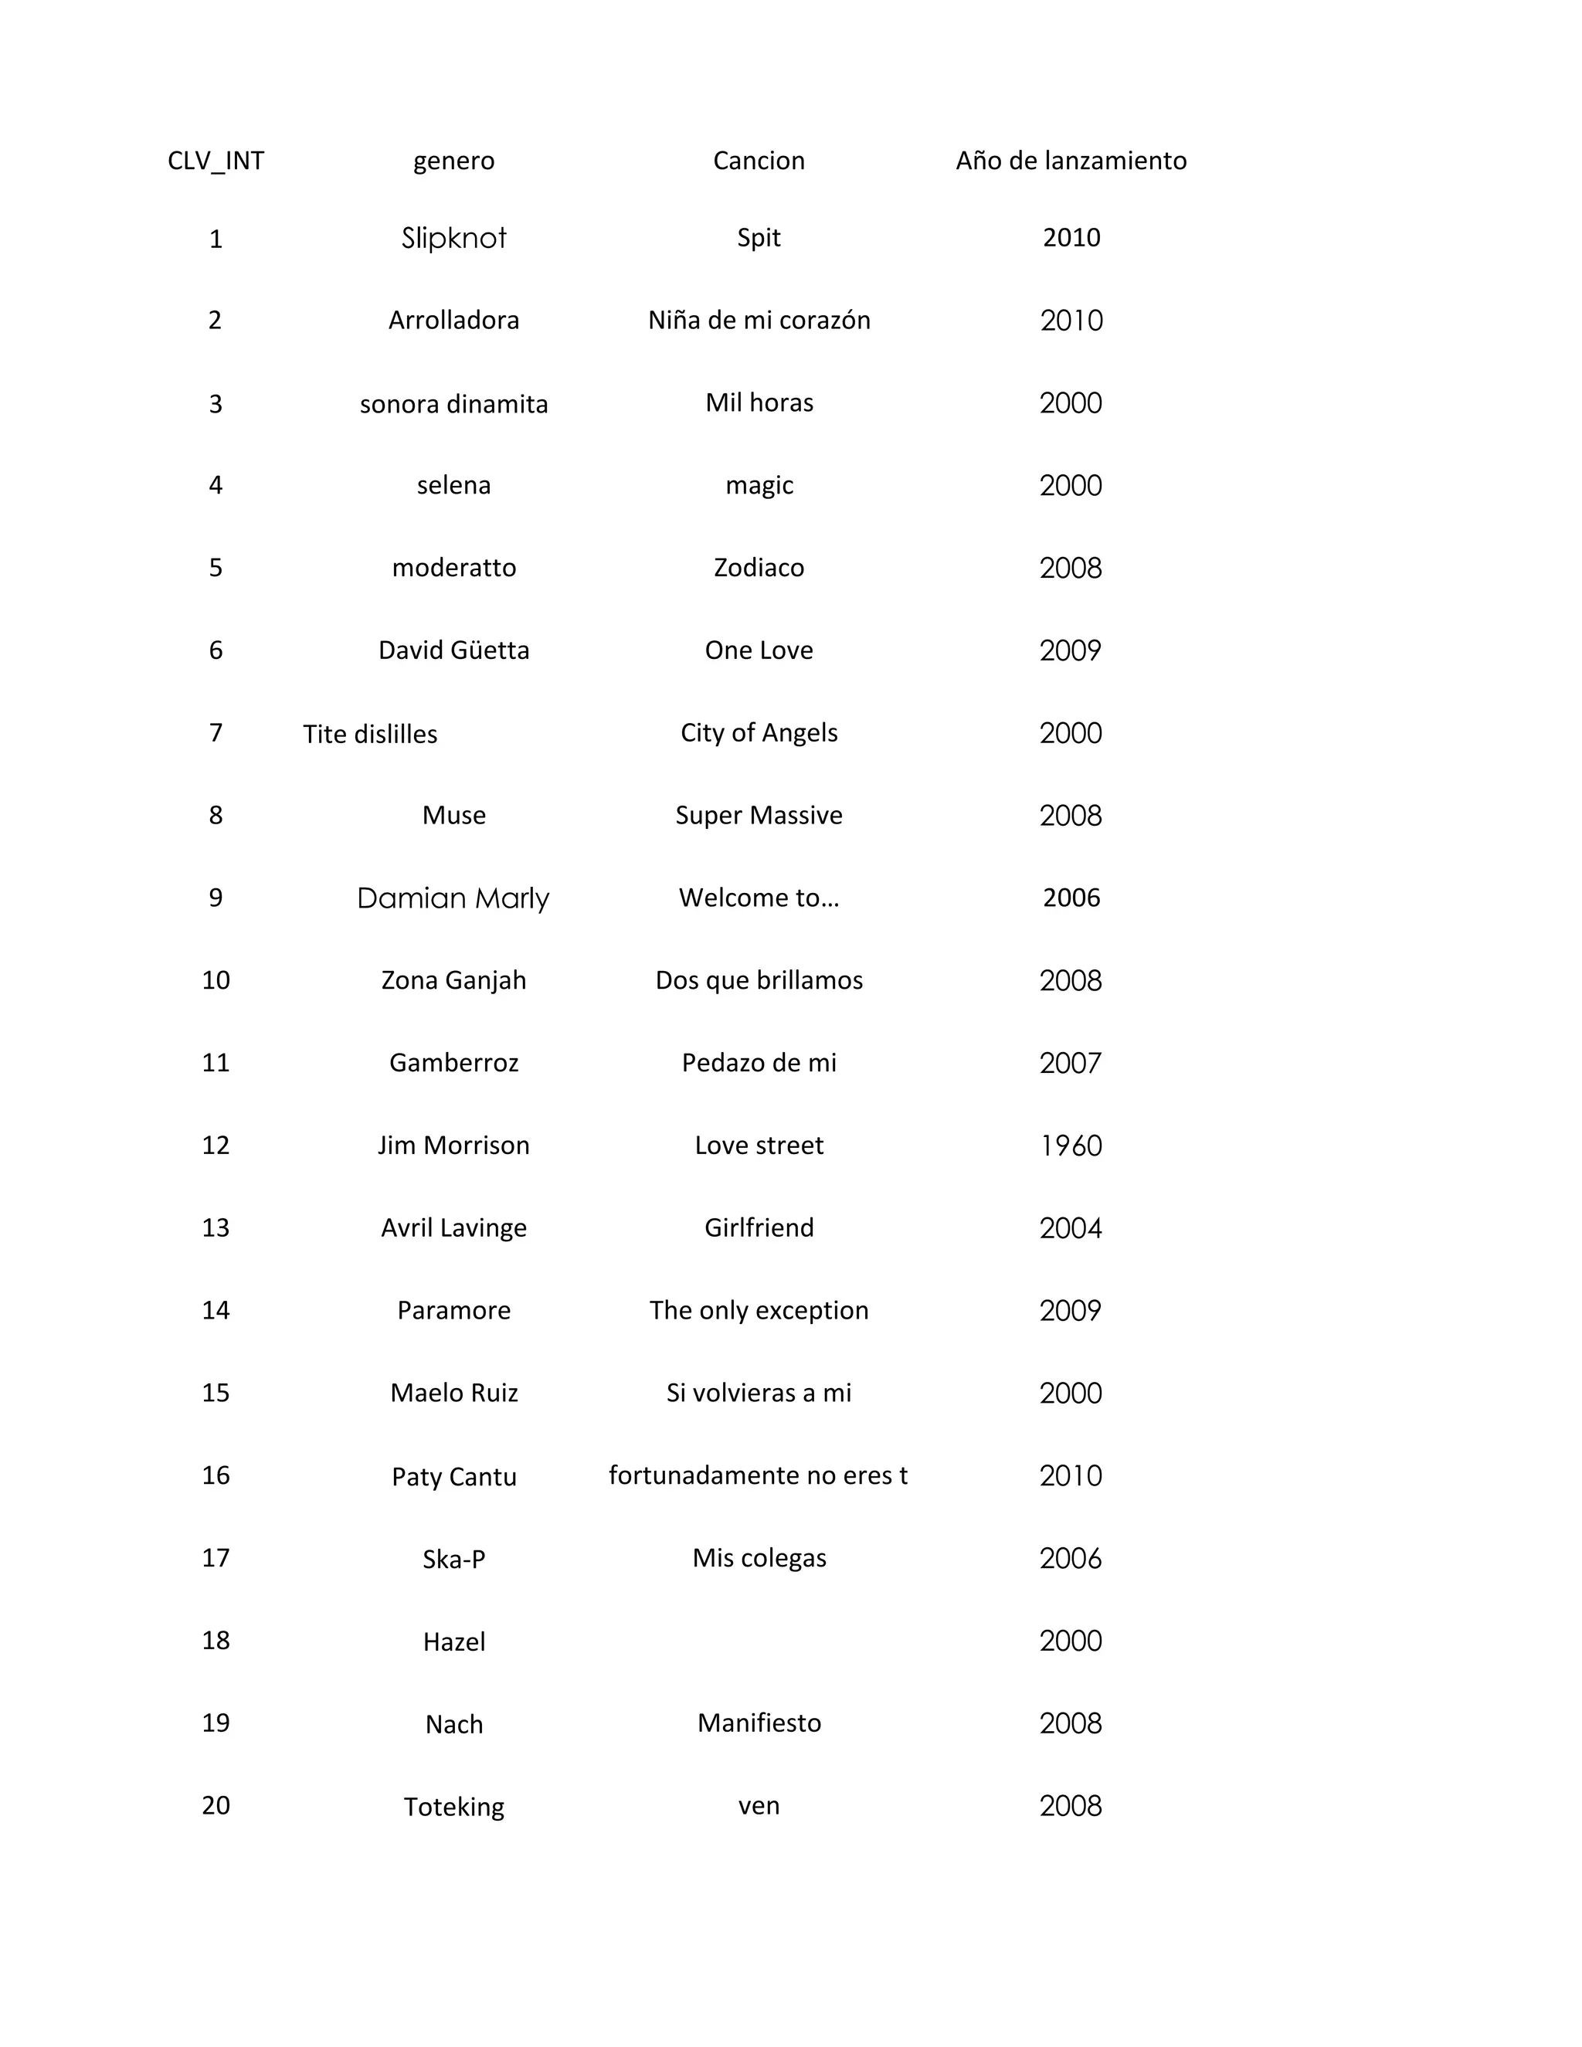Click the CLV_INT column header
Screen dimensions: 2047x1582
click(x=216, y=161)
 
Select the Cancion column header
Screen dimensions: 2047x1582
click(x=759, y=161)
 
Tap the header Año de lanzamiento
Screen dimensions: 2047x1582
click(x=1071, y=161)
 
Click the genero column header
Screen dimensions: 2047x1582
click(x=453, y=161)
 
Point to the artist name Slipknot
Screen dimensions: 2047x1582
click(x=453, y=238)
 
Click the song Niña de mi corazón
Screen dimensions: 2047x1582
click(x=759, y=321)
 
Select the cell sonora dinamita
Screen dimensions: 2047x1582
click(x=453, y=404)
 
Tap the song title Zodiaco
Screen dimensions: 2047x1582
click(x=759, y=568)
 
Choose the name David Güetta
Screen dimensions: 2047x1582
click(x=453, y=650)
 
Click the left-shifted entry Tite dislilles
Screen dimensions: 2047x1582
click(x=370, y=734)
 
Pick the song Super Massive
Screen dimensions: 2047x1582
click(x=759, y=816)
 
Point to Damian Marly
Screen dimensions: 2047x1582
click(x=453, y=898)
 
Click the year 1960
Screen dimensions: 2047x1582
click(x=1071, y=1146)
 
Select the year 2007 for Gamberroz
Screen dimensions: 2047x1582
click(x=1071, y=1063)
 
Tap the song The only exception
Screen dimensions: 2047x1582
click(x=759, y=1310)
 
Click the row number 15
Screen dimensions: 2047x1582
click(x=216, y=1393)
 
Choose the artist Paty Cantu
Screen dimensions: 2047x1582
click(x=453, y=1477)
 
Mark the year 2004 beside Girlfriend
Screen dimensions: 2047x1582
click(x=1071, y=1228)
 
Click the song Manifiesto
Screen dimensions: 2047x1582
click(x=759, y=1723)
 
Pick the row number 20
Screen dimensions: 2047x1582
click(x=216, y=1805)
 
